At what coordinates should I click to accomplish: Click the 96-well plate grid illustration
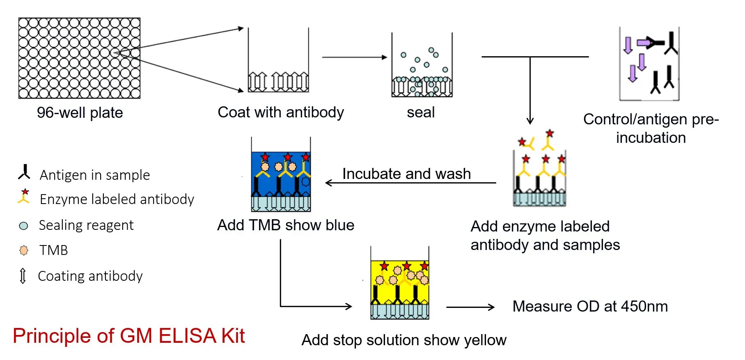[79, 58]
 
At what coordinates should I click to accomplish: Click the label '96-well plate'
[80, 112]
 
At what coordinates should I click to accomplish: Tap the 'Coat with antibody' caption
[281, 112]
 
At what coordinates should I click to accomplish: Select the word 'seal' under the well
[421, 112]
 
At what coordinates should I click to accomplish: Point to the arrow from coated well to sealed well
[354, 57]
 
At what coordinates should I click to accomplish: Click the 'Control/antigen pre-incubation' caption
[651, 128]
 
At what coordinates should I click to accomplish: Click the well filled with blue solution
[281, 174]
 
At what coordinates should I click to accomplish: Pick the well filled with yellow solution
[399, 283]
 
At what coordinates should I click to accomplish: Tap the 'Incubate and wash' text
[406, 174]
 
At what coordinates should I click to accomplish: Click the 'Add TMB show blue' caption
[286, 225]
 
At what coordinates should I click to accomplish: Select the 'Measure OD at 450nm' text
[590, 306]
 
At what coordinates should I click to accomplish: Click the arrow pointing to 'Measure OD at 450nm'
[470, 307]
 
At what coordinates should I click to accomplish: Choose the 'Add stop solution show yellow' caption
[404, 340]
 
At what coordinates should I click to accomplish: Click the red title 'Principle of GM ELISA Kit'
[129, 336]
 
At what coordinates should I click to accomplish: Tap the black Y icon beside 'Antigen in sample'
[25, 172]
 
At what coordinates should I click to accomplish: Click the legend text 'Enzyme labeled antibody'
[117, 199]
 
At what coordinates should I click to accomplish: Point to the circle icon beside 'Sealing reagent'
[24, 226]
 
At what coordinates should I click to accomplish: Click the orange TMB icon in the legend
[24, 250]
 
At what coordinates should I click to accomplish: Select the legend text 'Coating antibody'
[90, 276]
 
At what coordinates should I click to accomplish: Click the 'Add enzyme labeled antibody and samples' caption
[545, 235]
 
